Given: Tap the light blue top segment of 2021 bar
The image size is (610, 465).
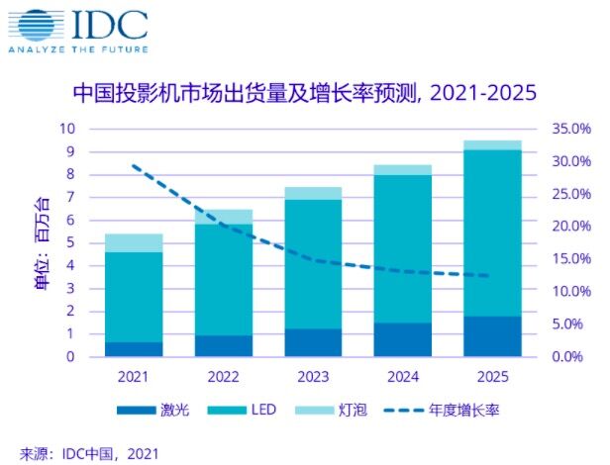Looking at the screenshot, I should (x=134, y=243).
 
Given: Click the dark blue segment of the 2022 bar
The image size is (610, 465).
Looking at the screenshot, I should (x=222, y=346).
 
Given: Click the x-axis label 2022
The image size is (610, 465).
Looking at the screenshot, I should (x=222, y=377).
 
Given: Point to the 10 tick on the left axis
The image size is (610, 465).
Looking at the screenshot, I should (x=67, y=129).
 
